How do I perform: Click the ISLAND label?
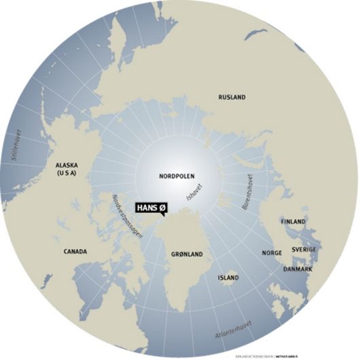tap(228, 278)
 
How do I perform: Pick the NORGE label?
tap(272, 253)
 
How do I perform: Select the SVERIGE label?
tap(304, 249)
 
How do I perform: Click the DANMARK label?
tap(298, 269)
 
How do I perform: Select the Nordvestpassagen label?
tap(126, 216)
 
